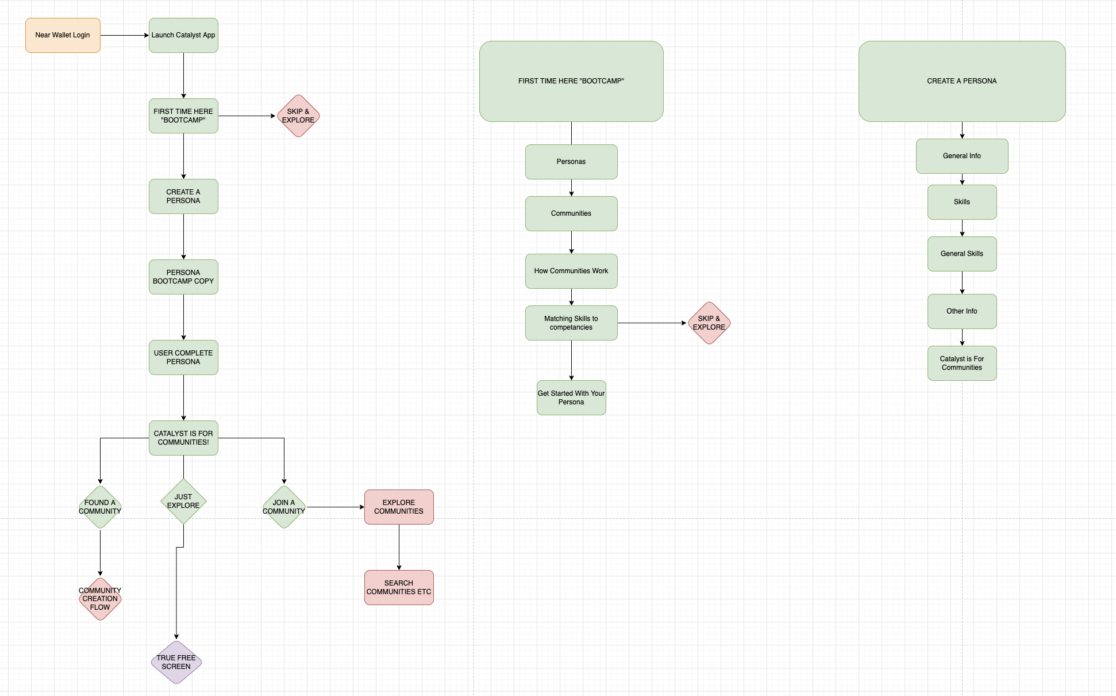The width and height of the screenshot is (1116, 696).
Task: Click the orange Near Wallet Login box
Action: [x=63, y=35]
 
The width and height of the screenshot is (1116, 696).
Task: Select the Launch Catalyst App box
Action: [x=183, y=35]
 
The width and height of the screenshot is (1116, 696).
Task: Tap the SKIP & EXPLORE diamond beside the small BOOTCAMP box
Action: [x=298, y=116]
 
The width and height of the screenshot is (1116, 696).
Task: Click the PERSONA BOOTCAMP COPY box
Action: [x=183, y=277]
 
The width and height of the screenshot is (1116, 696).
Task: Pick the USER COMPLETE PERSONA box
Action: [x=183, y=357]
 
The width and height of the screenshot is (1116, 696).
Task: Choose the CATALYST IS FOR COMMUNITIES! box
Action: [x=183, y=438]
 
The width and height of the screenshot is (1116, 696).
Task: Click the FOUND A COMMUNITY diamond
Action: [x=100, y=507]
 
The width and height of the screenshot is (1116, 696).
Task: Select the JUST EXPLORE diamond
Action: [x=183, y=501]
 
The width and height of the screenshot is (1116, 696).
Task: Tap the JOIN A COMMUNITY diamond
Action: [x=284, y=507]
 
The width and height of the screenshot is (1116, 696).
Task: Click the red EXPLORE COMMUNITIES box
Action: [x=399, y=507]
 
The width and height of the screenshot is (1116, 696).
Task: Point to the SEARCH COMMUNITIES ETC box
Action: [x=399, y=587]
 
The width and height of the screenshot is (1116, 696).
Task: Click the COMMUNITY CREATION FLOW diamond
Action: [x=100, y=599]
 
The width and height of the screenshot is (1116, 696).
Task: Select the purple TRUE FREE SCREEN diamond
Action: [x=176, y=662]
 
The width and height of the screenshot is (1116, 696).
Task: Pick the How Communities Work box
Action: [x=571, y=271]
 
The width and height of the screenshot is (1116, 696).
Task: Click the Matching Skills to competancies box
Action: [x=571, y=323]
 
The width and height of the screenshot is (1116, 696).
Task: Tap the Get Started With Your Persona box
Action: [x=571, y=397]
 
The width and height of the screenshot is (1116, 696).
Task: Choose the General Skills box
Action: [x=962, y=254]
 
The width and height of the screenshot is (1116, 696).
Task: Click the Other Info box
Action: [x=962, y=311]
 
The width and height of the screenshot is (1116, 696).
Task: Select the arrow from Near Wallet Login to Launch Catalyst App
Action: [x=124, y=35]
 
